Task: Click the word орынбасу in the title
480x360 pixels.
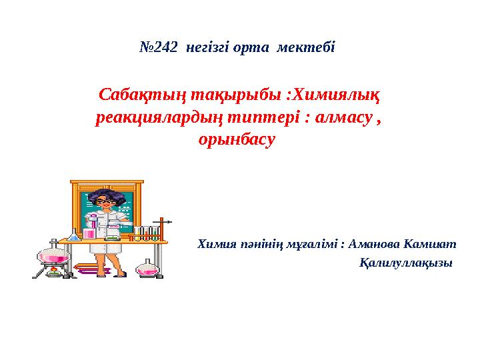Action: pyautogui.click(x=237, y=141)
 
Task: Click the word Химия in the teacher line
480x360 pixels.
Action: pyautogui.click(x=216, y=244)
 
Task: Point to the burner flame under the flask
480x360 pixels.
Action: pyautogui.click(x=52, y=270)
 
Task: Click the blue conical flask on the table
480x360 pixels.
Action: pyautogui.click(x=73, y=235)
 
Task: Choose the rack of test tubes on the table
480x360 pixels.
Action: pyautogui.click(x=146, y=233)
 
